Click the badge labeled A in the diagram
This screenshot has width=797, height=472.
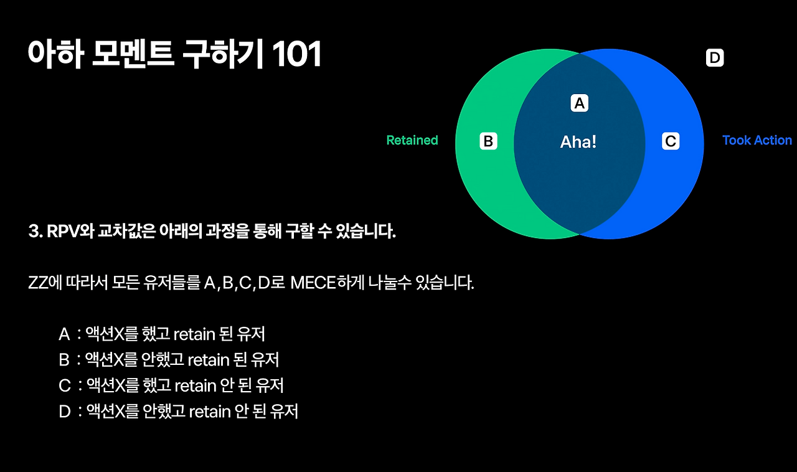[x=580, y=103]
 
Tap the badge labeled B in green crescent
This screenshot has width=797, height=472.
[x=489, y=141]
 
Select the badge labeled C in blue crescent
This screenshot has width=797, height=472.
[x=671, y=141]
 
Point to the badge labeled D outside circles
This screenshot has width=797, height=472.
[x=715, y=59]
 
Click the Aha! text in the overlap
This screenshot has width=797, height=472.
[x=578, y=142]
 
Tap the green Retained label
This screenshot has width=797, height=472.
[x=412, y=140]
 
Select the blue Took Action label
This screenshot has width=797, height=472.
[x=757, y=140]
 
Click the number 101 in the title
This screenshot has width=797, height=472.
[x=296, y=55]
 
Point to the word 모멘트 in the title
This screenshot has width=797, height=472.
[x=126, y=55]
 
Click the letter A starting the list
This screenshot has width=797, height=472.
[x=64, y=334]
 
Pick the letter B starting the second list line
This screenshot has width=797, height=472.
[x=64, y=360]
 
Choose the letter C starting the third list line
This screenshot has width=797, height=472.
[x=65, y=386]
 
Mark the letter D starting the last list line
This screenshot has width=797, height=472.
[x=65, y=412]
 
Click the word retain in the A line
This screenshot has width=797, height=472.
[x=194, y=334]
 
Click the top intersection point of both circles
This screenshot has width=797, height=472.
[x=580, y=53]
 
